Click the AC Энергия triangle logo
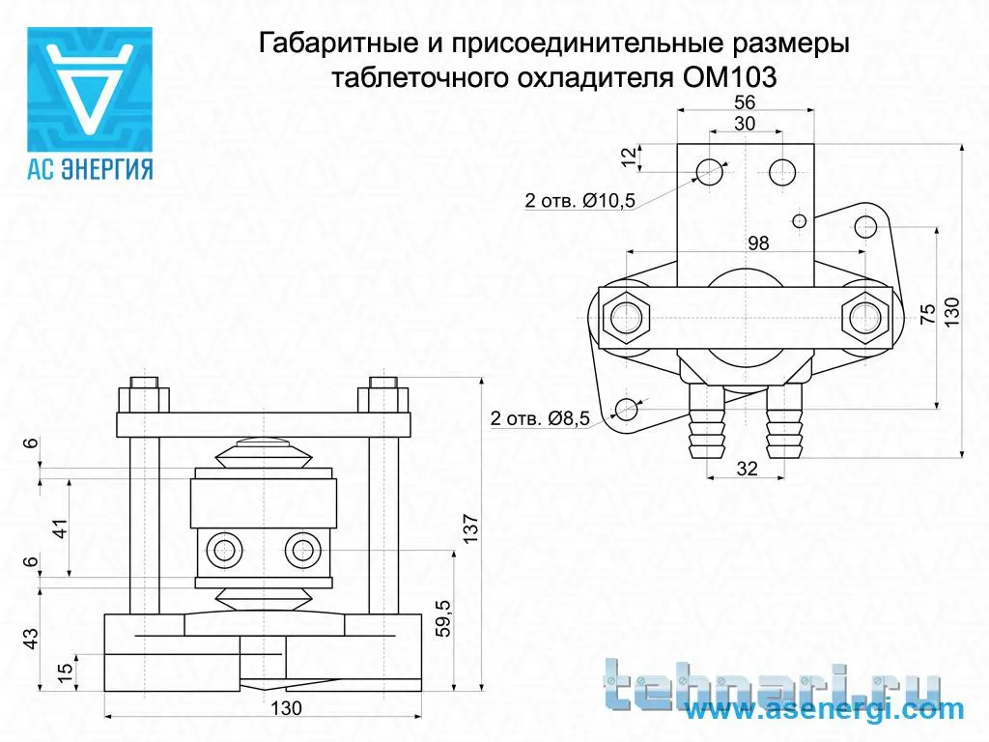pos(90,89)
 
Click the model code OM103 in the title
pos(729,77)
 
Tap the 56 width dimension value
pos(745,102)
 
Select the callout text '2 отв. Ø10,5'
pos(579,201)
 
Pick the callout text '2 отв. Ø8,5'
pos(540,417)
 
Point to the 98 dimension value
pos(758,243)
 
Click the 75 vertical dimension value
pos(928,314)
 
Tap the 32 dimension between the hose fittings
pos(747,469)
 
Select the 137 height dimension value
pos(470,528)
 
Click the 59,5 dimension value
pos(443,617)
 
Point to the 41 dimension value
pos(59,528)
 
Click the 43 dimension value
pos(30,638)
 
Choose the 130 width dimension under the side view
pos(286,708)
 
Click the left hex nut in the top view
pos(626,317)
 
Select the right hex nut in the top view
pos(865,317)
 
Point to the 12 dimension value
pos(629,157)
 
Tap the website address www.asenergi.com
pos(824,710)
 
